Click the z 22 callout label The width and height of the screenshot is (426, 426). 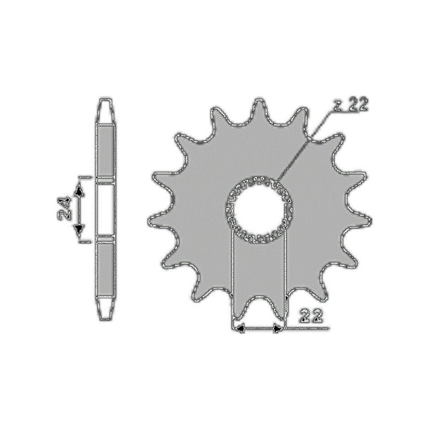[x=351, y=105]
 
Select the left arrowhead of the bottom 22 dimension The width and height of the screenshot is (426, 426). [x=240, y=329]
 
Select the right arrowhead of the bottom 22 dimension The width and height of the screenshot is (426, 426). [x=278, y=329]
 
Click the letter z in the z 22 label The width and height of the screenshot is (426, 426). [x=338, y=106]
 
